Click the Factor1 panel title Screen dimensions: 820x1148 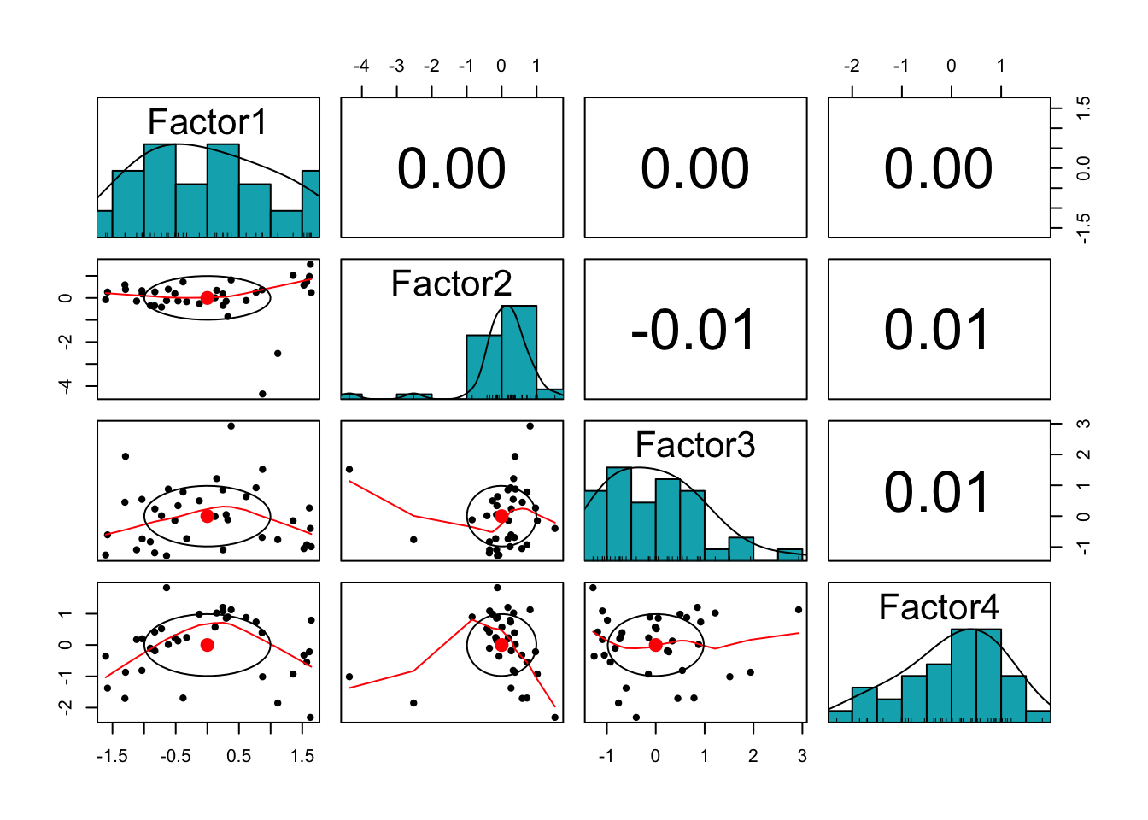(x=208, y=122)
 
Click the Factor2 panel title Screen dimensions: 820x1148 (x=451, y=284)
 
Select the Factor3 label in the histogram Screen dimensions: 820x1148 (x=695, y=445)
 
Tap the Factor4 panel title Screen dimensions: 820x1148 (x=939, y=607)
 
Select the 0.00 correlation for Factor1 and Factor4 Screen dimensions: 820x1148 (x=938, y=168)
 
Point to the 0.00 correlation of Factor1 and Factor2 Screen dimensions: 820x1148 (x=451, y=168)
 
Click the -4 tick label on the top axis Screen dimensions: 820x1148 (x=361, y=66)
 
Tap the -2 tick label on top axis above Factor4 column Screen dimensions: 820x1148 (x=852, y=66)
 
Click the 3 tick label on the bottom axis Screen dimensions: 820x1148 (x=802, y=756)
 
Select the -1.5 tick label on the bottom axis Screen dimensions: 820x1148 (x=112, y=756)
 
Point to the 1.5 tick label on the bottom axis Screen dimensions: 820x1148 (x=302, y=756)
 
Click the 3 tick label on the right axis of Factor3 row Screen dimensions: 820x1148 (x=1084, y=424)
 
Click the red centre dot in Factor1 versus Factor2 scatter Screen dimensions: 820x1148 (x=207, y=297)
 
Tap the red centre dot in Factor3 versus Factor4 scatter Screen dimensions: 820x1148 (x=655, y=645)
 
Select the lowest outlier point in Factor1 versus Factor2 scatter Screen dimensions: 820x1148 (x=262, y=394)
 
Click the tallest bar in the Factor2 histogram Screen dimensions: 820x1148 (x=518, y=351)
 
